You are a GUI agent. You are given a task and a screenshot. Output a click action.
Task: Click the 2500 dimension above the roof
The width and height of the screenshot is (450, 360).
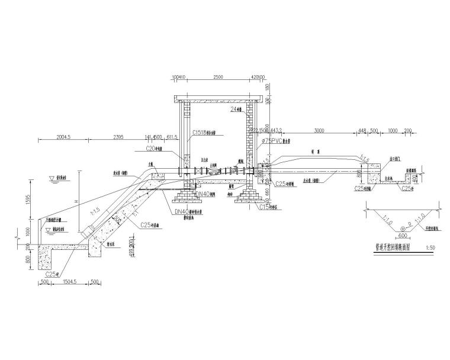coord(218,77)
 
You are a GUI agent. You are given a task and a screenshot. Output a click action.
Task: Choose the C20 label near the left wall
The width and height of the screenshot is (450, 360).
coord(153,149)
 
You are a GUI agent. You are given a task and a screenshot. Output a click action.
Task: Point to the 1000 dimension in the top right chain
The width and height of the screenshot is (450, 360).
coord(391,130)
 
